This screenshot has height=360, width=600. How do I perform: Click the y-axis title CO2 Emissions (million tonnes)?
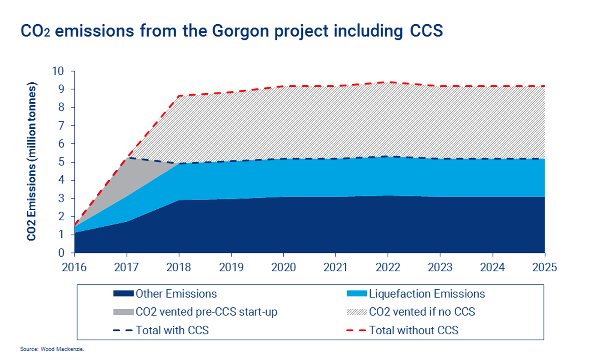pos(31,161)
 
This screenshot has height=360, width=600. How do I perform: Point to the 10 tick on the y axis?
pos(58,71)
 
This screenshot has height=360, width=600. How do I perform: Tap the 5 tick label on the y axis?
pos(61,162)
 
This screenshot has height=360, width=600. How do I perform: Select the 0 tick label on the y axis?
pos(61,253)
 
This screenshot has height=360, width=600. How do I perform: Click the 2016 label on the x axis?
pos(74,267)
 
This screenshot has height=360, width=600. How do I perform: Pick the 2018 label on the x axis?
pos(179,267)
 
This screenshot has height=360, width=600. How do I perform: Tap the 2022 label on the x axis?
pos(388,267)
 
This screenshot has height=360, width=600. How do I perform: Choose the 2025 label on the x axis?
pos(544,267)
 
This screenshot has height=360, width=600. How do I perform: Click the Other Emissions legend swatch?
pos(123,294)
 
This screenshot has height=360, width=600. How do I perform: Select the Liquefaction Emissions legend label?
pos(427,294)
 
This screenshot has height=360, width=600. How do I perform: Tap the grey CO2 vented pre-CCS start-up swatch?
pos(123,312)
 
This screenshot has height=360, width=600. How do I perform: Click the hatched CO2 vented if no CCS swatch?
pos(357,312)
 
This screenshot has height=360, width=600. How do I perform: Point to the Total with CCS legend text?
pos(172,330)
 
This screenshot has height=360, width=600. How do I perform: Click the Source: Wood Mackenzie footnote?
pos(52,349)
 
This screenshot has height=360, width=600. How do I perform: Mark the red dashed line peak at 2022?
pos(388,82)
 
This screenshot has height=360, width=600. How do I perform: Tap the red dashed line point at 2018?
pos(179,96)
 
